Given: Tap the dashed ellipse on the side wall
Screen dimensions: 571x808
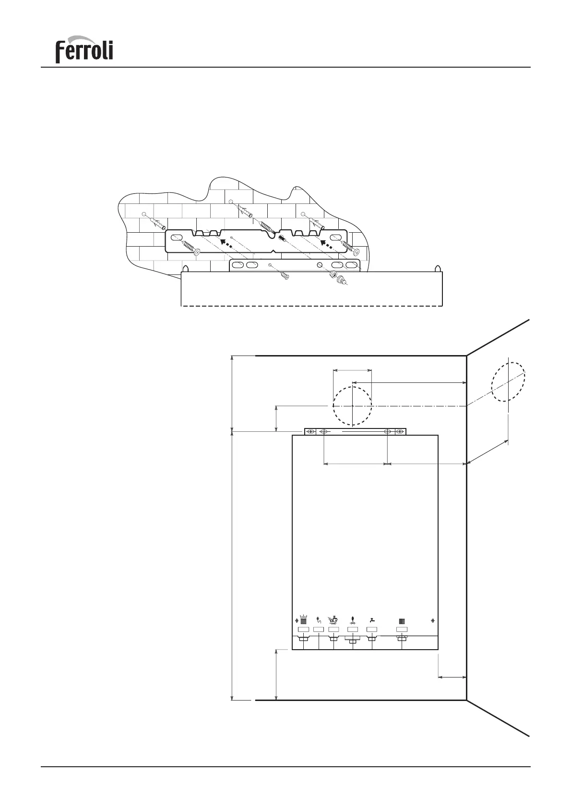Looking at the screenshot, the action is pyautogui.click(x=508, y=382).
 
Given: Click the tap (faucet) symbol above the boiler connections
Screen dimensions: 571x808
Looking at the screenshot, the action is pyautogui.click(x=372, y=619).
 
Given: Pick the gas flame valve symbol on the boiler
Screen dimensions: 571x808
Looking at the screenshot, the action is pyautogui.click(x=353, y=619).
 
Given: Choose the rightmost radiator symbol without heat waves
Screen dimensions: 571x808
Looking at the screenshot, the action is pyautogui.click(x=402, y=620).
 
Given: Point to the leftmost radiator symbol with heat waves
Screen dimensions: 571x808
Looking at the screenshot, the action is pyautogui.click(x=303, y=619).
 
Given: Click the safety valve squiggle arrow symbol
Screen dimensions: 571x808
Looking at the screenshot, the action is pyautogui.click(x=319, y=619).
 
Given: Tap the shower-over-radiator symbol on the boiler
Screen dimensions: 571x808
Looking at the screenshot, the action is pyautogui.click(x=333, y=619).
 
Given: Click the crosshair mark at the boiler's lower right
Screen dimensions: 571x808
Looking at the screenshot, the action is pyautogui.click(x=433, y=620).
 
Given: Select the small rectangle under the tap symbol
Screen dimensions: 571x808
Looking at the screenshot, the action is pyautogui.click(x=372, y=629).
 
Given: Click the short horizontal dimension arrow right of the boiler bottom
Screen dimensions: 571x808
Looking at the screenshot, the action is pyautogui.click(x=452, y=677).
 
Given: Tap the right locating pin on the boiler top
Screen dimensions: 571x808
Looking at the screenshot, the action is pyautogui.click(x=437, y=268).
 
